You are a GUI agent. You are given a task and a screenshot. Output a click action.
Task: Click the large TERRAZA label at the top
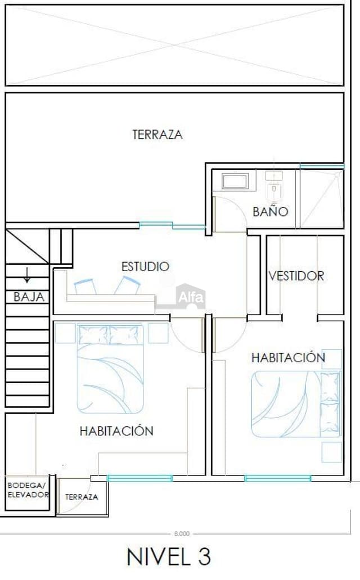(157, 135)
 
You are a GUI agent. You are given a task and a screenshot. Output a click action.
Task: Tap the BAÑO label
(270, 212)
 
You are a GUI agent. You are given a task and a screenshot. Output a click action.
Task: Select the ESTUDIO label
(145, 266)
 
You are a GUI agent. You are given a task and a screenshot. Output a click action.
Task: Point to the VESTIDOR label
(296, 276)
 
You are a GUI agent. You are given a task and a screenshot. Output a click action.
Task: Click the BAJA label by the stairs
(29, 297)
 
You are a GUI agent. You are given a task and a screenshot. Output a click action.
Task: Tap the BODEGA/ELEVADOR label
(28, 489)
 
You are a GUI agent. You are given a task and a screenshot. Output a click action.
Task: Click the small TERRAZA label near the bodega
(82, 497)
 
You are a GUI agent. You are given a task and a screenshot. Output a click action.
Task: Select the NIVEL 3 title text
(169, 556)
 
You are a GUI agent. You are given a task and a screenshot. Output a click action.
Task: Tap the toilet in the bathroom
(274, 188)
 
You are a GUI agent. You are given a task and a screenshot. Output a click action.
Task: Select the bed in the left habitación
(110, 368)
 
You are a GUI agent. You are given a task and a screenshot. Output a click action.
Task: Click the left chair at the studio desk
(84, 286)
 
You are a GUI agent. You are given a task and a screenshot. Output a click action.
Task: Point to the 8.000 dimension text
(181, 533)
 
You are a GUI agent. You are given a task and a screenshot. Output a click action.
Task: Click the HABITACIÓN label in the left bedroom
(116, 431)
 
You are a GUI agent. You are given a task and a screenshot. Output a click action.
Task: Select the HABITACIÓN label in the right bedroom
(288, 357)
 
